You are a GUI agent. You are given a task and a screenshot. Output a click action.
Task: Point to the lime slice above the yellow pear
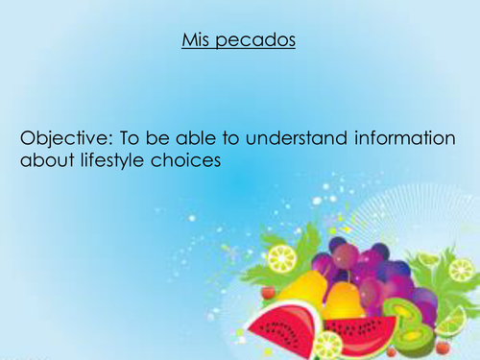[282, 259]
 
